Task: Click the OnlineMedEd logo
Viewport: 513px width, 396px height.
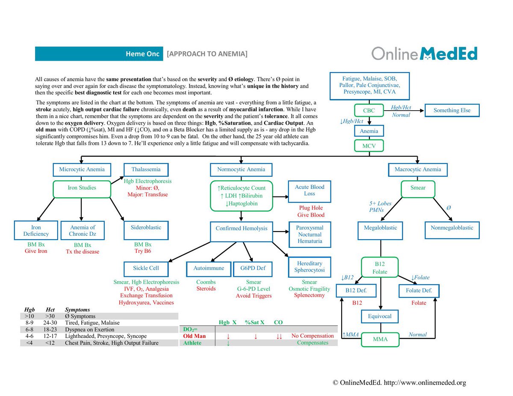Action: point(424,53)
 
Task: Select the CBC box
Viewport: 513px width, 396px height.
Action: point(369,110)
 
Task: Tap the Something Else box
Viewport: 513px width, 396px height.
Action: point(452,110)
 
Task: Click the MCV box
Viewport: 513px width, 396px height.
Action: point(369,146)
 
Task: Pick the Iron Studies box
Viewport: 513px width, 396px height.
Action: point(82,189)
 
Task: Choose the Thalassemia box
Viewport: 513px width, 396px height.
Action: point(146,170)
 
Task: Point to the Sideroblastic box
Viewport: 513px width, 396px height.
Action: point(146,230)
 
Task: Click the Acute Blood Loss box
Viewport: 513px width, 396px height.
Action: point(309,191)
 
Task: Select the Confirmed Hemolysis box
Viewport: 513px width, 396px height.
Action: point(241,232)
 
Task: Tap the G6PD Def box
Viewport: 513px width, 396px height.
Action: point(253,269)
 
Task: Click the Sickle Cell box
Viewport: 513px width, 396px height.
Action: point(146,269)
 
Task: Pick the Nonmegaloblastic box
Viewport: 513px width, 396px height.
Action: point(452,230)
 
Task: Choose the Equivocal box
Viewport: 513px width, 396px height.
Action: point(380,316)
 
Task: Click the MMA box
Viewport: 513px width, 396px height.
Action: point(380,339)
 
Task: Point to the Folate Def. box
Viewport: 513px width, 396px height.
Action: point(419,291)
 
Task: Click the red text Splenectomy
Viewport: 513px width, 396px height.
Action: point(309,295)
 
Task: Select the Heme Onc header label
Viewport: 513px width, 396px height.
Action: point(143,54)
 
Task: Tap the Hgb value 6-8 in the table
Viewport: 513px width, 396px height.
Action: point(29,329)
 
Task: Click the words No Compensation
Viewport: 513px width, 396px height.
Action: point(313,336)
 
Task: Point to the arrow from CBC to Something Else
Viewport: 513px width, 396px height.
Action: point(404,110)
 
